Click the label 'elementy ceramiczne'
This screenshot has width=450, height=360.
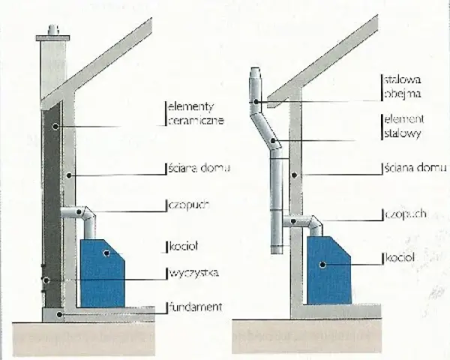(x=196, y=113)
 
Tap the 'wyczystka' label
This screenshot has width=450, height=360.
(x=194, y=272)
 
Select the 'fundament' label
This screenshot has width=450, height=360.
(x=196, y=307)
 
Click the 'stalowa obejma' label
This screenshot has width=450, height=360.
(x=402, y=87)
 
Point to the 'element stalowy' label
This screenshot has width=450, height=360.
(x=403, y=126)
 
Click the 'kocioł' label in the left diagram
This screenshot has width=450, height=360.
(x=184, y=246)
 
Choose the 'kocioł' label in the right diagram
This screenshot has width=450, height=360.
(x=400, y=258)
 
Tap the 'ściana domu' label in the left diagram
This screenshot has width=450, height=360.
(x=199, y=168)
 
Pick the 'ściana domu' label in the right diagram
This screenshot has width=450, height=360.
(x=415, y=168)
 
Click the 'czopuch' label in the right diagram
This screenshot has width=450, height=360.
(x=405, y=214)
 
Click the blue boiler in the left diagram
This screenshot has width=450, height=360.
(x=103, y=273)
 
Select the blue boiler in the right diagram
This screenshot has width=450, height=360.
(x=329, y=270)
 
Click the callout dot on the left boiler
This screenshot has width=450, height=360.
(x=106, y=253)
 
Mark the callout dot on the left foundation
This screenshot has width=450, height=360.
(x=59, y=315)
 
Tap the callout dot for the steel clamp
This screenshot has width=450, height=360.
(x=256, y=102)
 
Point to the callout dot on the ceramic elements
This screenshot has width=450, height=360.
(x=55, y=126)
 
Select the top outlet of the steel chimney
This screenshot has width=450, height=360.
(x=255, y=73)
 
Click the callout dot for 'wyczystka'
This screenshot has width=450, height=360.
(x=46, y=280)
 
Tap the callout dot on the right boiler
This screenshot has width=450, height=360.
(x=322, y=265)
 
